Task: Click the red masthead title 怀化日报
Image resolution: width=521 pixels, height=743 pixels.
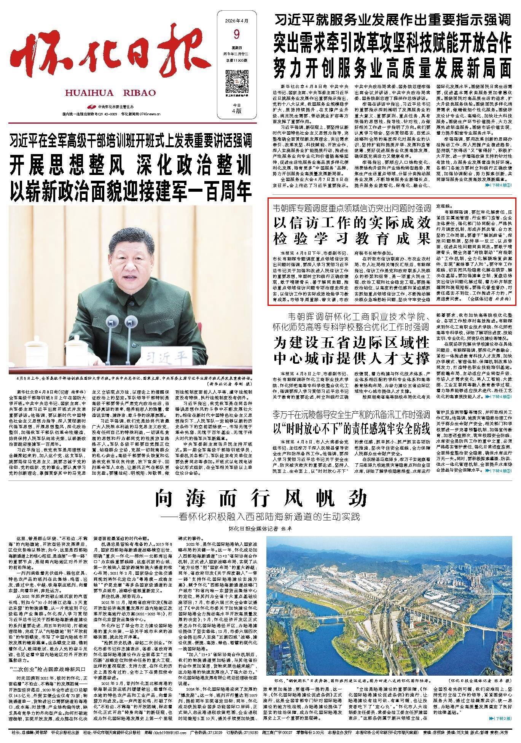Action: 108,55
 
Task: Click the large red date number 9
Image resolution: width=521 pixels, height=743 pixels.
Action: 237,35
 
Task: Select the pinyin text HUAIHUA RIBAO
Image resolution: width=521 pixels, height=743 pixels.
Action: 110,93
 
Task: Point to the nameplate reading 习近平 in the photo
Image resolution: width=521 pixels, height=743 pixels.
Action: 168,357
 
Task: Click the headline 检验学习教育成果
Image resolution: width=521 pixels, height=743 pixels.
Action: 352,238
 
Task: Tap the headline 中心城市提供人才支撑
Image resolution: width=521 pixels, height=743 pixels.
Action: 352,358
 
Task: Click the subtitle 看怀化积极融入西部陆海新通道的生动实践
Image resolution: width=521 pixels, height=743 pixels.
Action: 264,517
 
